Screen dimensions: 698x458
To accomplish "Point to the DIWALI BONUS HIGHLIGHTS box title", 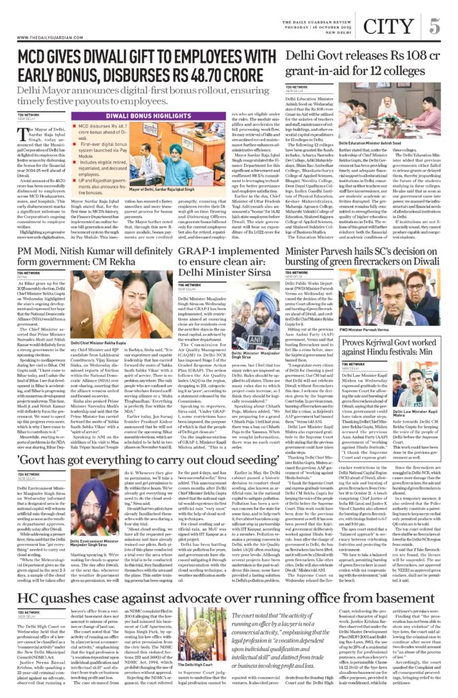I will tap(129, 117).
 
